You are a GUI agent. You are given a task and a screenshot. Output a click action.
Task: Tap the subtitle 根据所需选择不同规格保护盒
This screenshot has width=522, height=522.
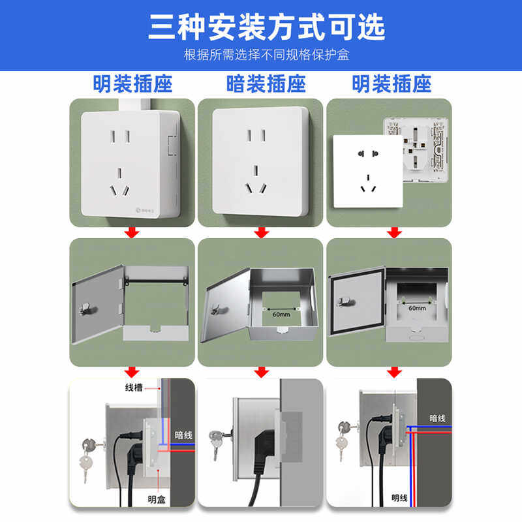click(261, 54)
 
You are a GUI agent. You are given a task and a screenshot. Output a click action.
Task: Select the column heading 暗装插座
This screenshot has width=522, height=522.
click(261, 84)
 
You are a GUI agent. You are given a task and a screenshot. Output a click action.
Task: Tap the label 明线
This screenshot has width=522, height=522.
click(400, 499)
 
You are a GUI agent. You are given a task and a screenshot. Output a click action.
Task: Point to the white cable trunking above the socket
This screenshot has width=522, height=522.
click(135, 103)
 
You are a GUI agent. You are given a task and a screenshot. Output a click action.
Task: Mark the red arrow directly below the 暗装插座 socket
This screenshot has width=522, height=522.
click(262, 232)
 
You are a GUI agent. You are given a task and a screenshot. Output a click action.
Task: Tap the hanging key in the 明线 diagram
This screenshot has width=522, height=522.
click(341, 445)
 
